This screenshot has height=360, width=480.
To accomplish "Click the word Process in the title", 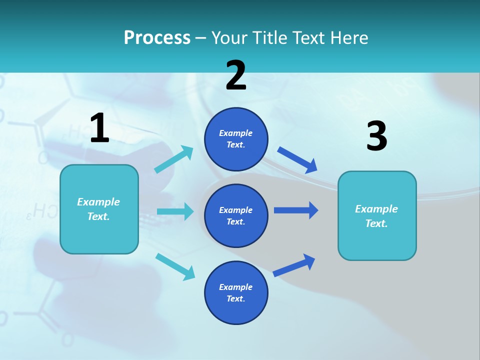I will click(x=157, y=37).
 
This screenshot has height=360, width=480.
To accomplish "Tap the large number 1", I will click(x=99, y=128).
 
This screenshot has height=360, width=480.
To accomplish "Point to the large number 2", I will click(x=235, y=75).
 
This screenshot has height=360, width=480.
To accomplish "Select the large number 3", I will click(x=376, y=136).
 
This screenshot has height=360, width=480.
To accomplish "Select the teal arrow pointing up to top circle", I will click(x=174, y=159).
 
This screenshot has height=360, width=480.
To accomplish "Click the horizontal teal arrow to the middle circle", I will click(x=175, y=211).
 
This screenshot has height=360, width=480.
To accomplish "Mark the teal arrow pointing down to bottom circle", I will click(x=175, y=266).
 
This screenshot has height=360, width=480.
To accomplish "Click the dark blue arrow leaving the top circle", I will click(x=297, y=160).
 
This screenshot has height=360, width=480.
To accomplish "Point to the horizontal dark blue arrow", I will click(x=296, y=210).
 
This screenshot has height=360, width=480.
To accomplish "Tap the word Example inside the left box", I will click(x=98, y=202).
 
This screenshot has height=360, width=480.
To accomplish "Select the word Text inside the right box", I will click(x=376, y=223).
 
